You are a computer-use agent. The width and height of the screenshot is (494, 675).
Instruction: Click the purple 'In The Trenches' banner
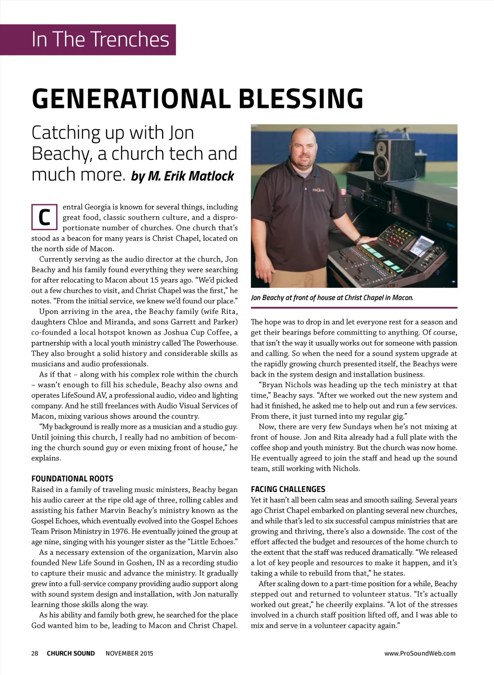(x=100, y=39)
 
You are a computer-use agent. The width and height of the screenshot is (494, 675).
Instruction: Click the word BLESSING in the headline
(x=301, y=98)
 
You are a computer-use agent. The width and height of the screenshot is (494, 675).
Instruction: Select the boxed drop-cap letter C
(x=44, y=217)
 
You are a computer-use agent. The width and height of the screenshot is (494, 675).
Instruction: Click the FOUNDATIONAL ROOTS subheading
(x=72, y=478)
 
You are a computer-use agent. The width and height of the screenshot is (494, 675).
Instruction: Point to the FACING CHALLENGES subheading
(x=288, y=489)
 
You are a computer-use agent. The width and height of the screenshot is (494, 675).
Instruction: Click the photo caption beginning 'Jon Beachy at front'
(x=332, y=297)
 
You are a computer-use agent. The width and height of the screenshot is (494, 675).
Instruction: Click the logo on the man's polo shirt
(x=318, y=190)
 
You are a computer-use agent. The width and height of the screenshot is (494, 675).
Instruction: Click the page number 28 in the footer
(x=35, y=653)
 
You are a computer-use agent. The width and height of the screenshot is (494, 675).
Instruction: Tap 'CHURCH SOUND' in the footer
(x=71, y=653)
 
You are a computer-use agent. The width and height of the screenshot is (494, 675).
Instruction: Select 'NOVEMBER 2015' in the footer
(x=129, y=653)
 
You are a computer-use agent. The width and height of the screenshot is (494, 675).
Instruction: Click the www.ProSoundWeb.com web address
(x=420, y=653)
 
